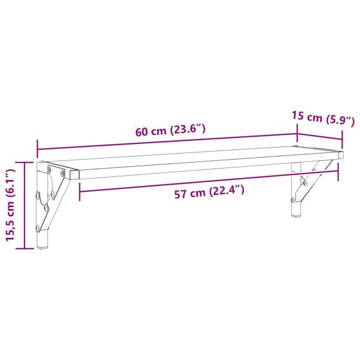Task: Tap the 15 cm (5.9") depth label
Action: [x=319, y=118]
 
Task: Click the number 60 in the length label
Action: [x=142, y=132]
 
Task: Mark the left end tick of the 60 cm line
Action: [x=37, y=146]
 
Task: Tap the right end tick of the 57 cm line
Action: [x=338, y=171]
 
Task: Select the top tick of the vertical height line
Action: [x=24, y=162]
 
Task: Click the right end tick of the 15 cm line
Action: [x=343, y=141]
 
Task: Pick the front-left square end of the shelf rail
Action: [x=74, y=174]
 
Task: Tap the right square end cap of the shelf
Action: [x=341, y=155]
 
